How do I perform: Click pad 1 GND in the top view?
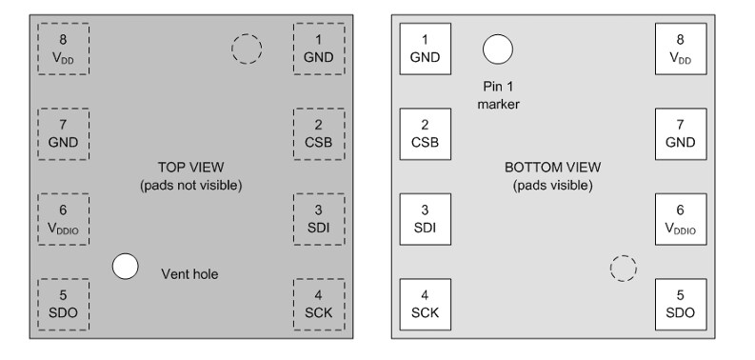point(319,48)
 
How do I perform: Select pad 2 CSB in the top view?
point(319,133)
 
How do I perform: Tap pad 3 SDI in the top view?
point(319,219)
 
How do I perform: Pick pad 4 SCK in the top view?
point(319,305)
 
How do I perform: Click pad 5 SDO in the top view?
point(63,305)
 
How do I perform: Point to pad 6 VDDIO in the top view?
point(63,219)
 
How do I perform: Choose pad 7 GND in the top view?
point(63,133)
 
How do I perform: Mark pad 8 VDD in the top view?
point(63,48)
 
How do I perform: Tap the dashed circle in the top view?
point(247,49)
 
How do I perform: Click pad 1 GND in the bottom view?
point(425,48)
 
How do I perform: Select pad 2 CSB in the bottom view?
point(425,133)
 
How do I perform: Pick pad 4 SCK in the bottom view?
point(425,305)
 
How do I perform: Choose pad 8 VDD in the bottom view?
point(680,48)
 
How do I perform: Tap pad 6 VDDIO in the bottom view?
point(680,219)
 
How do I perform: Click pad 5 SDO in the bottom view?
point(680,305)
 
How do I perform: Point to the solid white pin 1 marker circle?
point(497,48)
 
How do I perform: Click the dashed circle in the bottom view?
point(623,269)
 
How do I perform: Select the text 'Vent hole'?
point(189,274)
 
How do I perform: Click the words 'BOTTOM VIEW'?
point(552,167)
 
